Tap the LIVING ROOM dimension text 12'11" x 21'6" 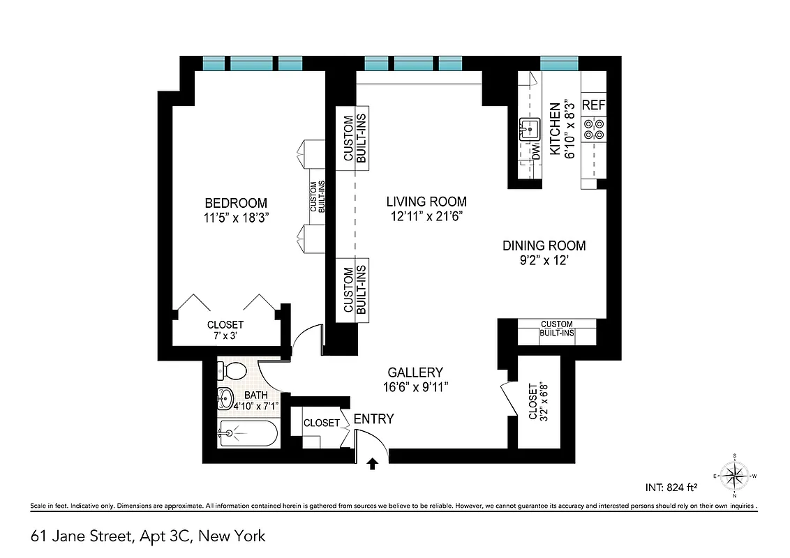point(426,216)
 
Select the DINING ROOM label point(544,246)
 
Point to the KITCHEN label point(555,129)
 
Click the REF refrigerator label point(593,106)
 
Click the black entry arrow point(373,462)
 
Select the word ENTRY point(373,419)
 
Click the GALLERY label point(415,373)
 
